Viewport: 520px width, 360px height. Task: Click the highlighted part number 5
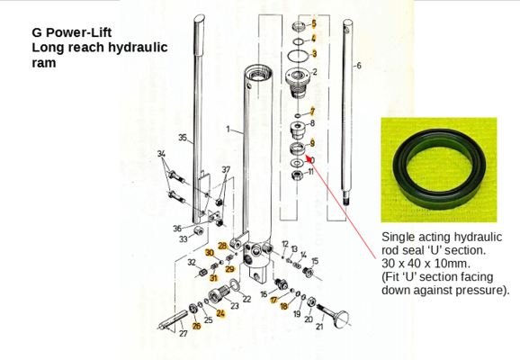point(314,22)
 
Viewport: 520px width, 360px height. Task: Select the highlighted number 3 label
point(314,54)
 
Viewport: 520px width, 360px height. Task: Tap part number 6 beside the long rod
point(358,67)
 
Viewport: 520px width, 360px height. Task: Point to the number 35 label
point(182,138)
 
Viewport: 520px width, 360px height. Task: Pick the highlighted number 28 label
point(222,246)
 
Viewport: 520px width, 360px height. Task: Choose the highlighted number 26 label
point(197,325)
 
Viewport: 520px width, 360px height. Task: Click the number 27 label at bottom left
point(184,333)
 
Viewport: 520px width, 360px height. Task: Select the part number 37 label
point(226,170)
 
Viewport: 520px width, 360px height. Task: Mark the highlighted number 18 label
point(284,307)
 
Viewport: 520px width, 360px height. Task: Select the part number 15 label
point(315,261)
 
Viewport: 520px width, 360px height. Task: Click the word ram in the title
point(44,63)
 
